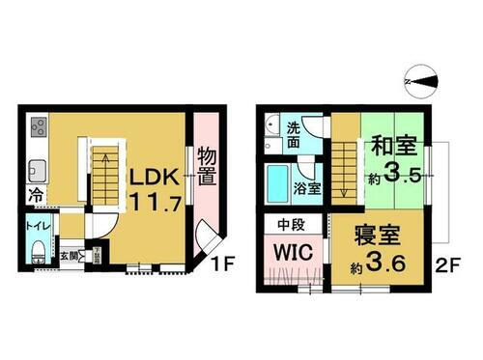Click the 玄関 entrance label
[70, 256]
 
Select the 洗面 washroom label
[297, 131]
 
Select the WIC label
[292, 254]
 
